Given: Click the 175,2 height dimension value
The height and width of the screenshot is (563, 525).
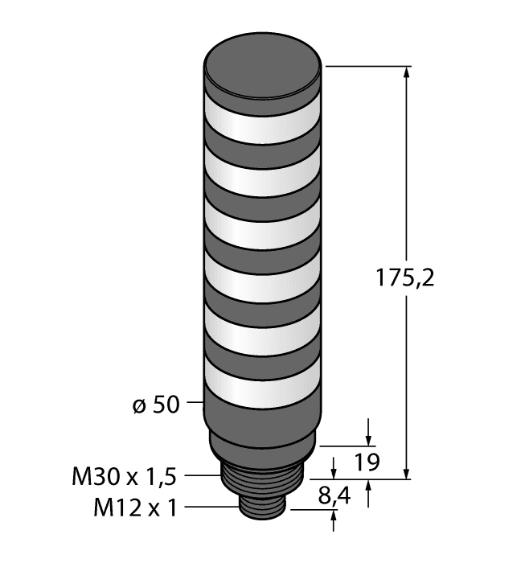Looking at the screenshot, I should [x=404, y=278].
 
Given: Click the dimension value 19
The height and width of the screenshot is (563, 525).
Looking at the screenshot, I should [x=365, y=463].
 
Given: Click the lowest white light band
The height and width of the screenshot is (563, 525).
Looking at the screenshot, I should [x=264, y=381].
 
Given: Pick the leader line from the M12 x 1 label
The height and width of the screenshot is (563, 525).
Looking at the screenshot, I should [x=213, y=508].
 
